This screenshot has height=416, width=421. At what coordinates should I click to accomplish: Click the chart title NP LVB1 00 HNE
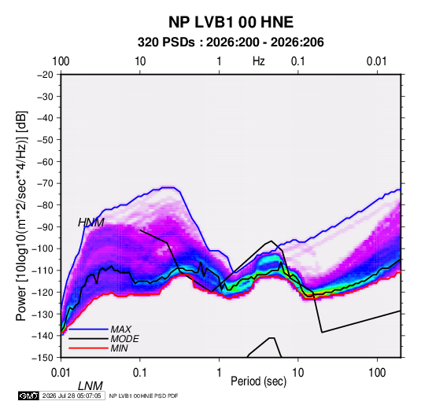(231, 22)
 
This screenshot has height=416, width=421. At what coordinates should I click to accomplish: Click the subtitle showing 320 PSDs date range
(231, 42)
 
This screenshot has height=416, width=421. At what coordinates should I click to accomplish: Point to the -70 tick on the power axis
(45, 183)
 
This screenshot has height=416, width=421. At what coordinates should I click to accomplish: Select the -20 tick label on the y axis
(45, 75)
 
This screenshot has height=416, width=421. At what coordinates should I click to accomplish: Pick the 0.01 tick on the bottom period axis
(61, 373)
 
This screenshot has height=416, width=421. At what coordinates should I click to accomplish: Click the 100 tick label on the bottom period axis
(377, 373)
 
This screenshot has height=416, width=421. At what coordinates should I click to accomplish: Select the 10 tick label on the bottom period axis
(297, 373)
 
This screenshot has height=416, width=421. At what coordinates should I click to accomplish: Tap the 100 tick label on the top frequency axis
(61, 61)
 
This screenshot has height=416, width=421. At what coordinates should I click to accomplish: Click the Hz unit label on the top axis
(259, 61)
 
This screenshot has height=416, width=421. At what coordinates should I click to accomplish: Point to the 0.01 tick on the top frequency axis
(377, 61)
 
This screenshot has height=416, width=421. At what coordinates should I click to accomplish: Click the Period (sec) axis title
(259, 381)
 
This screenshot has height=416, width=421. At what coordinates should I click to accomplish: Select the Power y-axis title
(21, 215)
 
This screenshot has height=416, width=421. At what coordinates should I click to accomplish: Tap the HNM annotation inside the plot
(91, 223)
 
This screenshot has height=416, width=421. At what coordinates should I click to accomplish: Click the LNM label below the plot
(90, 386)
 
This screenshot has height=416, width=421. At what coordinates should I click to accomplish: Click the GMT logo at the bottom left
(28, 396)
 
